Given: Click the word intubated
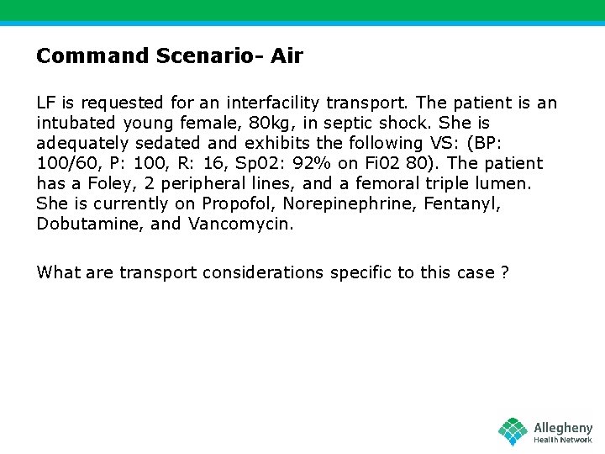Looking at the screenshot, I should [x=74, y=124].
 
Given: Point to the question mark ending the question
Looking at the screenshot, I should [x=504, y=272].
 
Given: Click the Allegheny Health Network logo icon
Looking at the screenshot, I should [x=513, y=431].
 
